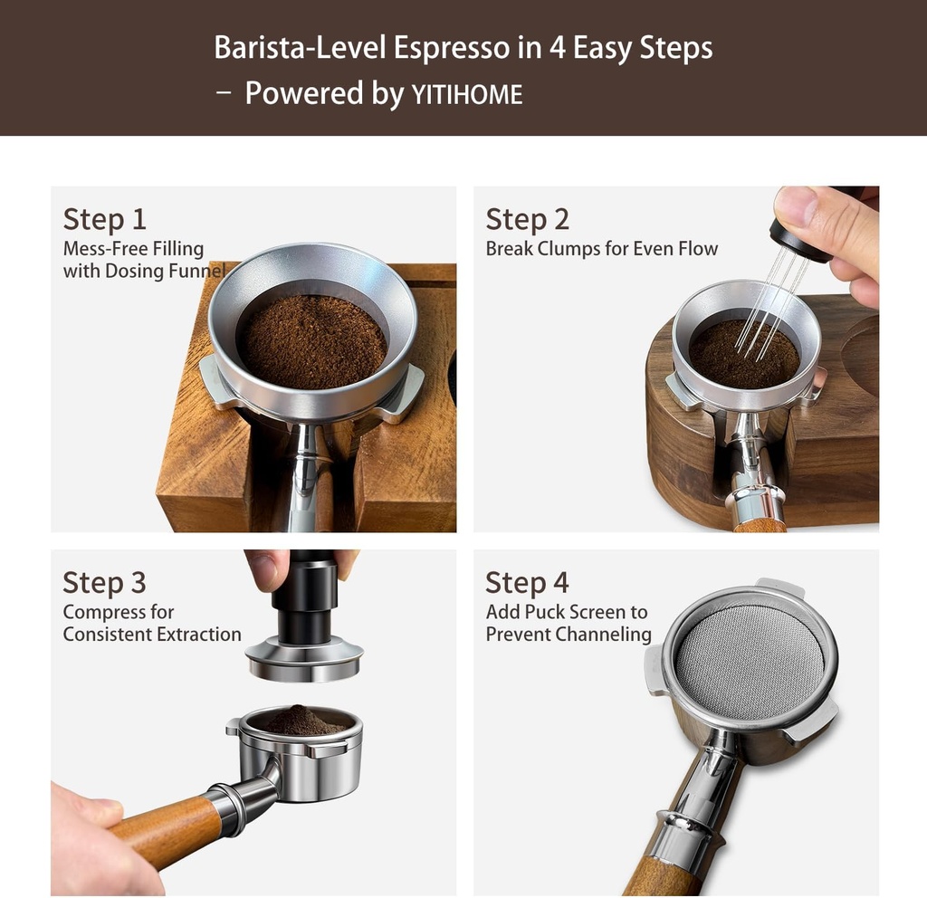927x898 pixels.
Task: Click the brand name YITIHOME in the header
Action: (467, 95)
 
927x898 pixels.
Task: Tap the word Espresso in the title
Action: (452, 48)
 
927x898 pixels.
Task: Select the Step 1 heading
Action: (104, 219)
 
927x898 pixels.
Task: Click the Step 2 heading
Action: (527, 219)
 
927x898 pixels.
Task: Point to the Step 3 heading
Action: (104, 583)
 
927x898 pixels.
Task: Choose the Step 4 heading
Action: (527, 583)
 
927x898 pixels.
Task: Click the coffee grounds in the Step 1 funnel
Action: (311, 340)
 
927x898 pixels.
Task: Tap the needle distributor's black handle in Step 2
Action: (800, 239)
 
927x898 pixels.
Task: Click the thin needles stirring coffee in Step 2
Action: (764, 308)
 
